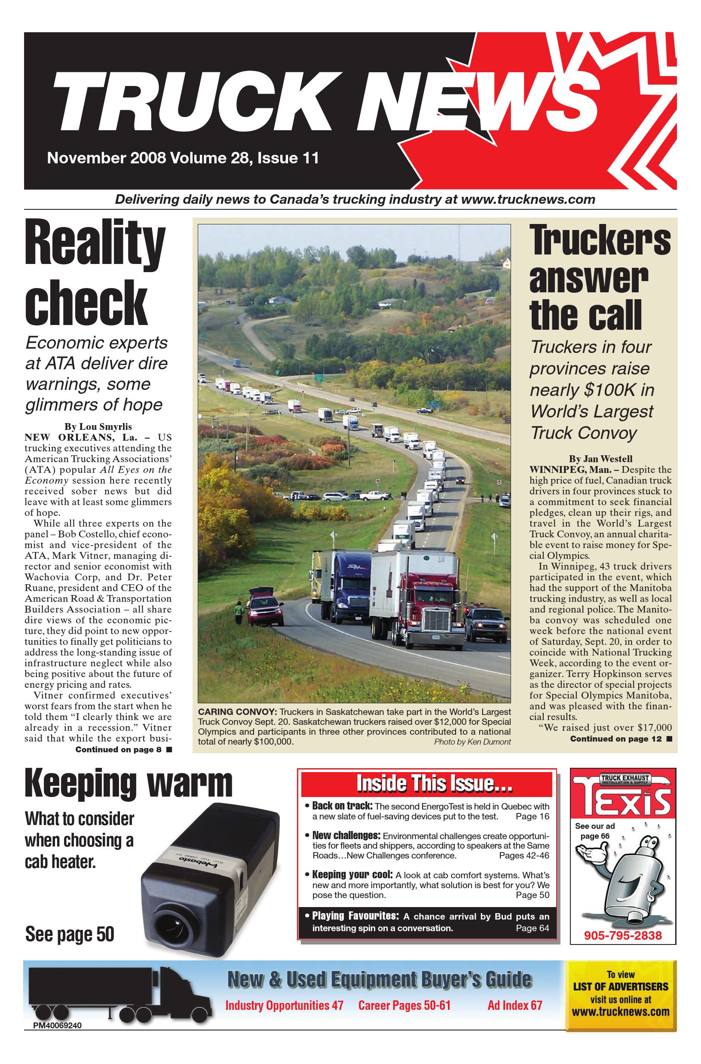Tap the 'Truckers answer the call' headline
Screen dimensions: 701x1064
pyautogui.click(x=599, y=278)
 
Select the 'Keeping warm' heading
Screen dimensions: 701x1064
pyautogui.click(x=129, y=783)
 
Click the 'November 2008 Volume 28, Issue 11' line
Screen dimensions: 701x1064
pyautogui.click(x=183, y=158)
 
